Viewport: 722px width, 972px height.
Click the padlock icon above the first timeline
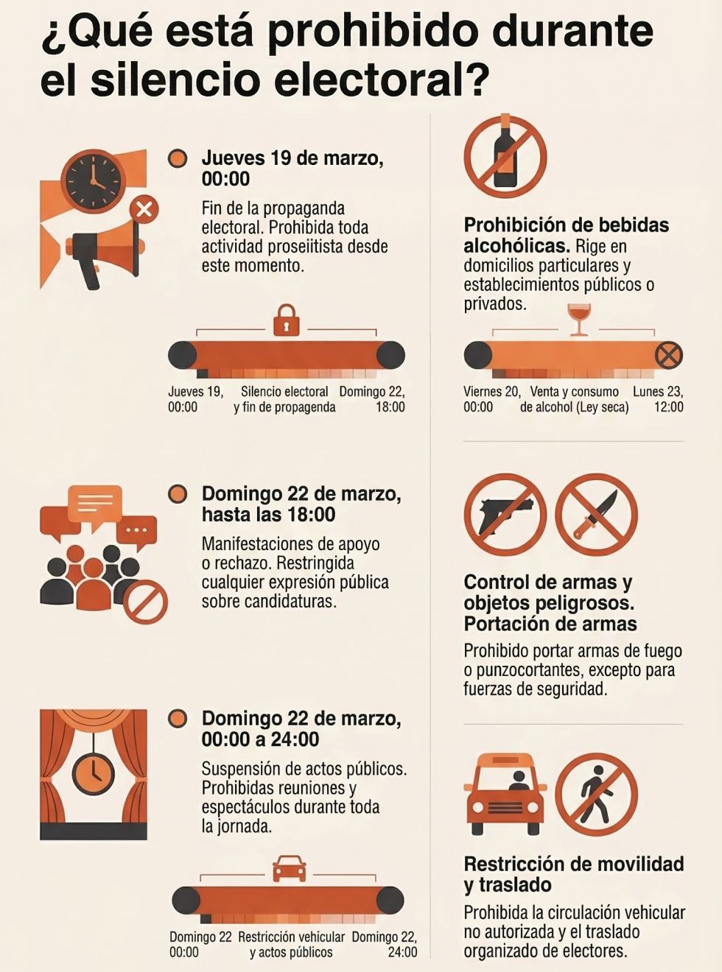(x=286, y=320)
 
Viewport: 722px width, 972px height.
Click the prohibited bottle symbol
(x=505, y=156)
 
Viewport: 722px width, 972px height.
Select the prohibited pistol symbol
(x=505, y=514)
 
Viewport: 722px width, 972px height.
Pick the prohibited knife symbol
(x=596, y=514)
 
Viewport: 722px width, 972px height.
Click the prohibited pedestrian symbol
(x=596, y=793)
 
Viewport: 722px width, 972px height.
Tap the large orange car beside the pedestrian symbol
(x=505, y=793)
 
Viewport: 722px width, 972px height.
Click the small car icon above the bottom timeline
(x=289, y=869)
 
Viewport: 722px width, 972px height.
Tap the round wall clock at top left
(x=94, y=180)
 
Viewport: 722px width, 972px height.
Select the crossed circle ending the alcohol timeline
(x=668, y=356)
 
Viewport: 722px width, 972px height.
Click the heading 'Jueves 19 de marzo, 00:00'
(x=292, y=169)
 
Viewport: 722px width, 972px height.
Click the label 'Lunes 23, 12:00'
(x=659, y=399)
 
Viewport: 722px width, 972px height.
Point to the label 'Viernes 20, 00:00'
(x=491, y=399)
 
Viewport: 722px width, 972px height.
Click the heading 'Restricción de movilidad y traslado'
(x=573, y=873)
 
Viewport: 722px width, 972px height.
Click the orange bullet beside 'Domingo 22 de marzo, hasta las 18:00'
(x=178, y=494)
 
